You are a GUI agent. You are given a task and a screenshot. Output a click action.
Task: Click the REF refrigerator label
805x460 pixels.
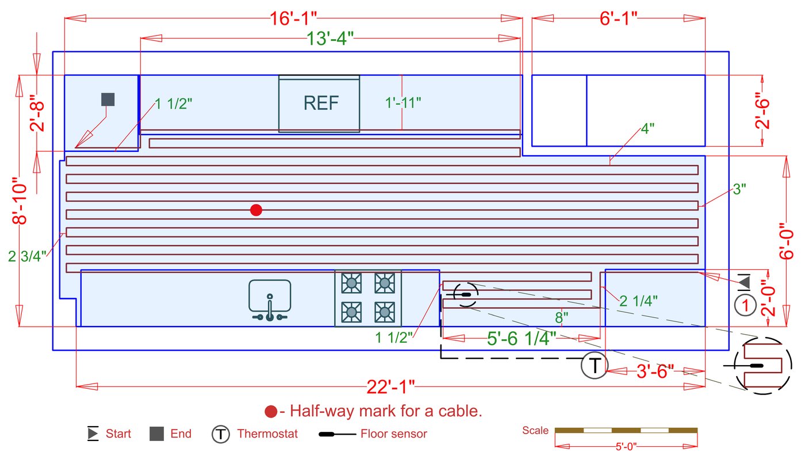[x=321, y=103]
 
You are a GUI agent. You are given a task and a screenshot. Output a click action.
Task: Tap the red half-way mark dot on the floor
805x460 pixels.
[x=256, y=210]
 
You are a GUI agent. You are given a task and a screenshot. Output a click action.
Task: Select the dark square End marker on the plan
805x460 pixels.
[x=108, y=99]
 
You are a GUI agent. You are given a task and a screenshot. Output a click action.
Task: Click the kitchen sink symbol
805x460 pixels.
[x=270, y=299]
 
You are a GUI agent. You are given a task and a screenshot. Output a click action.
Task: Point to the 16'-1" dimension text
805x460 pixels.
[x=293, y=18]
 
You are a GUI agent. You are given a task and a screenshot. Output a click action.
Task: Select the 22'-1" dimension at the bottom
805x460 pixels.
[x=391, y=387]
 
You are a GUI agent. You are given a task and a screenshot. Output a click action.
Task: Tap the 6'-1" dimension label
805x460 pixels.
[x=619, y=18]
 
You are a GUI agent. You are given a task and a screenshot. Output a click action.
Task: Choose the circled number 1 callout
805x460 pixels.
[x=746, y=305]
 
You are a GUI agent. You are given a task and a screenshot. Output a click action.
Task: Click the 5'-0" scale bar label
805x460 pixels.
[x=626, y=446]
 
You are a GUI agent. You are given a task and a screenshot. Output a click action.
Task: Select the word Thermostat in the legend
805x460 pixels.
[x=267, y=434]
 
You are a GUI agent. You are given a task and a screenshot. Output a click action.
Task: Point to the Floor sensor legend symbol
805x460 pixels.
[x=336, y=434]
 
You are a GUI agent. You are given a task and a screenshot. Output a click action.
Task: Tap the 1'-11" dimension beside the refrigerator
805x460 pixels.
[x=403, y=103]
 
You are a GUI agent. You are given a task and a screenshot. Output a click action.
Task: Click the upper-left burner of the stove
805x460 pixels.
[x=351, y=283]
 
